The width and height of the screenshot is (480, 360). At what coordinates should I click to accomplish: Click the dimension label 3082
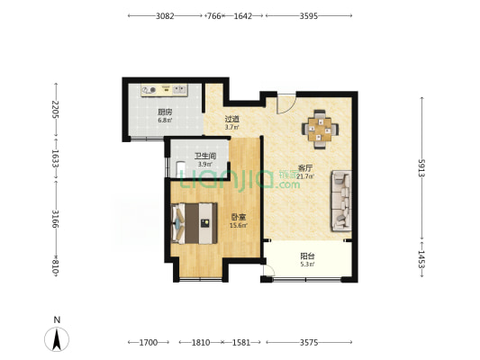pos(165,16)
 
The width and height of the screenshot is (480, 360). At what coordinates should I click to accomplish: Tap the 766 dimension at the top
pos(214,16)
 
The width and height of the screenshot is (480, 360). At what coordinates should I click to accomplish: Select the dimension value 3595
pos(309,16)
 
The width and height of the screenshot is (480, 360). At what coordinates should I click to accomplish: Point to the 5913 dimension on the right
pos(421,168)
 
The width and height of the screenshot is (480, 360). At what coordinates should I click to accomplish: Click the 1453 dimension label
pos(421,259)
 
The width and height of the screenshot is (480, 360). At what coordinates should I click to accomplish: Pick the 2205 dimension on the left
pos(56,110)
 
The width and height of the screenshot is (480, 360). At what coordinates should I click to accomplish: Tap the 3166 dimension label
pos(56,219)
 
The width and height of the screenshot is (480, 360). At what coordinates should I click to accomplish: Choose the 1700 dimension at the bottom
pos(149,342)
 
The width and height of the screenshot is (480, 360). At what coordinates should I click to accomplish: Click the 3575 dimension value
pos(309,342)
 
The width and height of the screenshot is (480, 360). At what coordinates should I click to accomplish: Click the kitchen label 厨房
pos(165,112)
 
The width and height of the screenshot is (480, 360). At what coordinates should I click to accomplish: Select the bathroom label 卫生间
pos(205,157)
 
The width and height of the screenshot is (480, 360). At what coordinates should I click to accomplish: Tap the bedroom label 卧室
pos(239,217)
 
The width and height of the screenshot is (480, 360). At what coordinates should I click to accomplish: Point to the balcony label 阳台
pos(307,256)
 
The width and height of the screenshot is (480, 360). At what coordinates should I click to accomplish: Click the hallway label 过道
pos(232,119)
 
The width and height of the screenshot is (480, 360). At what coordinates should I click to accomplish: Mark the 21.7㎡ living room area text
pos(307,176)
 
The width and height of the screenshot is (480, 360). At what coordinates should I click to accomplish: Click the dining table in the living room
pos(320,130)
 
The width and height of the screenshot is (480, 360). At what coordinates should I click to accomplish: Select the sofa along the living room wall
pos(341,201)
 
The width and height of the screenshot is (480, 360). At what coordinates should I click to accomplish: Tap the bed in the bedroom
pos(195,223)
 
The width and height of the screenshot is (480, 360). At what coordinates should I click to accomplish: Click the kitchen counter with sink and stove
pos(164,90)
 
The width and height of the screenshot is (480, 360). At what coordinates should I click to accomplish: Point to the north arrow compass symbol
pos(57,339)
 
